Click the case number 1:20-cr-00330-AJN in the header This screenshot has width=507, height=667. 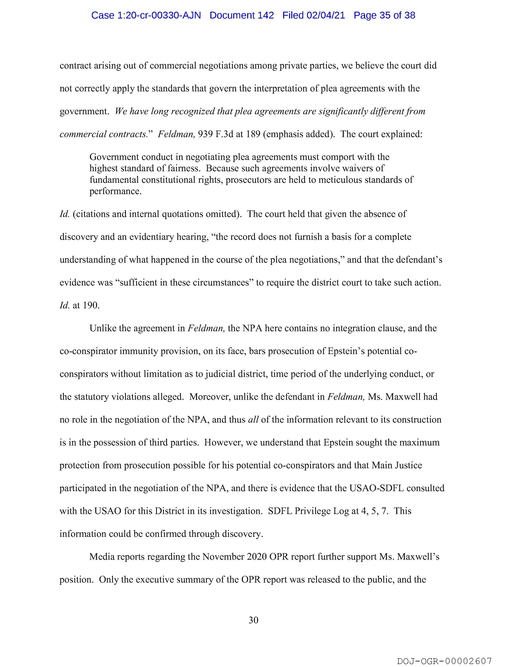146,15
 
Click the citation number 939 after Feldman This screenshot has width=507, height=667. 205,134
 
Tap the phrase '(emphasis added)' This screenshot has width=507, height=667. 299,134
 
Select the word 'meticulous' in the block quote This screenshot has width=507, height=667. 340,180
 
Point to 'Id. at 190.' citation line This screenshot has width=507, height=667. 79,305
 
